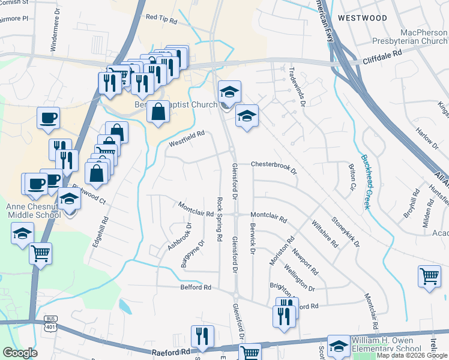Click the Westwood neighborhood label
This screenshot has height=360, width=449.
pos(362,18)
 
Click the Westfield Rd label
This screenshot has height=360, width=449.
pos(187,139)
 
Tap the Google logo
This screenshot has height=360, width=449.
pos(20,353)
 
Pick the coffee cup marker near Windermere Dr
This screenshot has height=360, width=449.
pos(48,118)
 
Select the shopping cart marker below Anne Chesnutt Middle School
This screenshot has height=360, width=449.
pos(41,253)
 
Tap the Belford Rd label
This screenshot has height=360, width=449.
pos(196,287)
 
